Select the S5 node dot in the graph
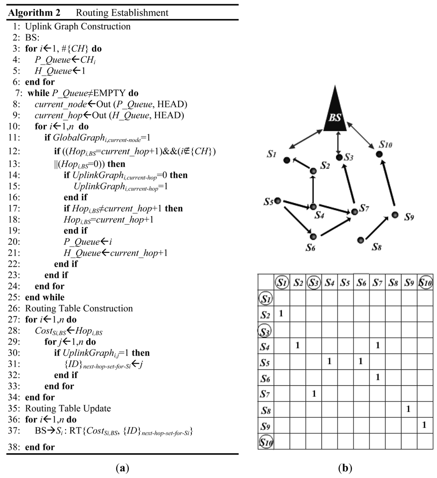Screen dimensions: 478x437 pyautogui.click(x=277, y=201)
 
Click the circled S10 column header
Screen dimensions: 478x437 pyautogui.click(x=425, y=282)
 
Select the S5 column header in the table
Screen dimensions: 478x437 pyautogui.click(x=345, y=282)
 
